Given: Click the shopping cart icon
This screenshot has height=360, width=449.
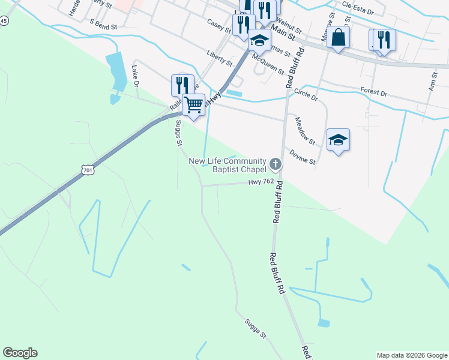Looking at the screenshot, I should (193, 104).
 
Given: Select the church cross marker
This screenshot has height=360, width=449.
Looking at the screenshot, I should (275, 163).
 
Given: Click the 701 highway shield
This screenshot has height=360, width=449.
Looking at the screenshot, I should (88, 171).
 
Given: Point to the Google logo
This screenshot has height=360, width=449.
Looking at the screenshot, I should (20, 353).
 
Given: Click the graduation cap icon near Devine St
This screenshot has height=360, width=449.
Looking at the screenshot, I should (338, 139).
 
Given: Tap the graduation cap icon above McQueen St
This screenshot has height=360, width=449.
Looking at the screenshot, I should (259, 40).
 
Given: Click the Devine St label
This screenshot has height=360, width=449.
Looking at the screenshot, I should (303, 157).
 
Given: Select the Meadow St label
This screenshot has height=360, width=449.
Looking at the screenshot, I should (305, 131).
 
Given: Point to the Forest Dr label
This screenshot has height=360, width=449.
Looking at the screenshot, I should (374, 92).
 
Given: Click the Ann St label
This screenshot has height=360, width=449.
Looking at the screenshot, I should (433, 81).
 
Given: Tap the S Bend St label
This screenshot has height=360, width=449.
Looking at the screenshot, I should (103, 24).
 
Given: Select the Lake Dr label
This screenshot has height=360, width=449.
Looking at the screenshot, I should (135, 76).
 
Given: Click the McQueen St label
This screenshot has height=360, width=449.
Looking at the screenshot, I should (268, 62).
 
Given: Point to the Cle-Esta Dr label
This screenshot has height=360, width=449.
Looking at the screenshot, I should (358, 8).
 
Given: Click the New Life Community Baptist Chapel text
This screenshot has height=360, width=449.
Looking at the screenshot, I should (228, 165).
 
